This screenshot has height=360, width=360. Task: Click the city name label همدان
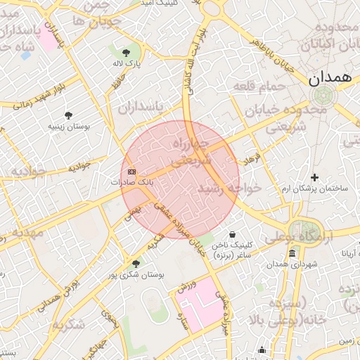click(x=328, y=78)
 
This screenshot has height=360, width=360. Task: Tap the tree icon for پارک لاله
click(x=126, y=53)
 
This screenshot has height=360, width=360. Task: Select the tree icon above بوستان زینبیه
click(x=68, y=115)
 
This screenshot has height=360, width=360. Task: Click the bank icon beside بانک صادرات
click(x=131, y=171)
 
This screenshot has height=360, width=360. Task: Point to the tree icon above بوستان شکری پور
click(x=135, y=264)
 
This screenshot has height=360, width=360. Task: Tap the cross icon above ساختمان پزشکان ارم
click(x=314, y=177)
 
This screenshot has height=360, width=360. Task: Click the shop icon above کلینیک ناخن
click(x=233, y=234)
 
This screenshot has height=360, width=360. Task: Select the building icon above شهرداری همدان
click(x=292, y=254)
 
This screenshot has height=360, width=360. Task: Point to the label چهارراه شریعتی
click(x=191, y=151)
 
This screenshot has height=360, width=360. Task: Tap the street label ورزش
click(x=185, y=288)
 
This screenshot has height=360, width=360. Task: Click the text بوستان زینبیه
click(x=68, y=126)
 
